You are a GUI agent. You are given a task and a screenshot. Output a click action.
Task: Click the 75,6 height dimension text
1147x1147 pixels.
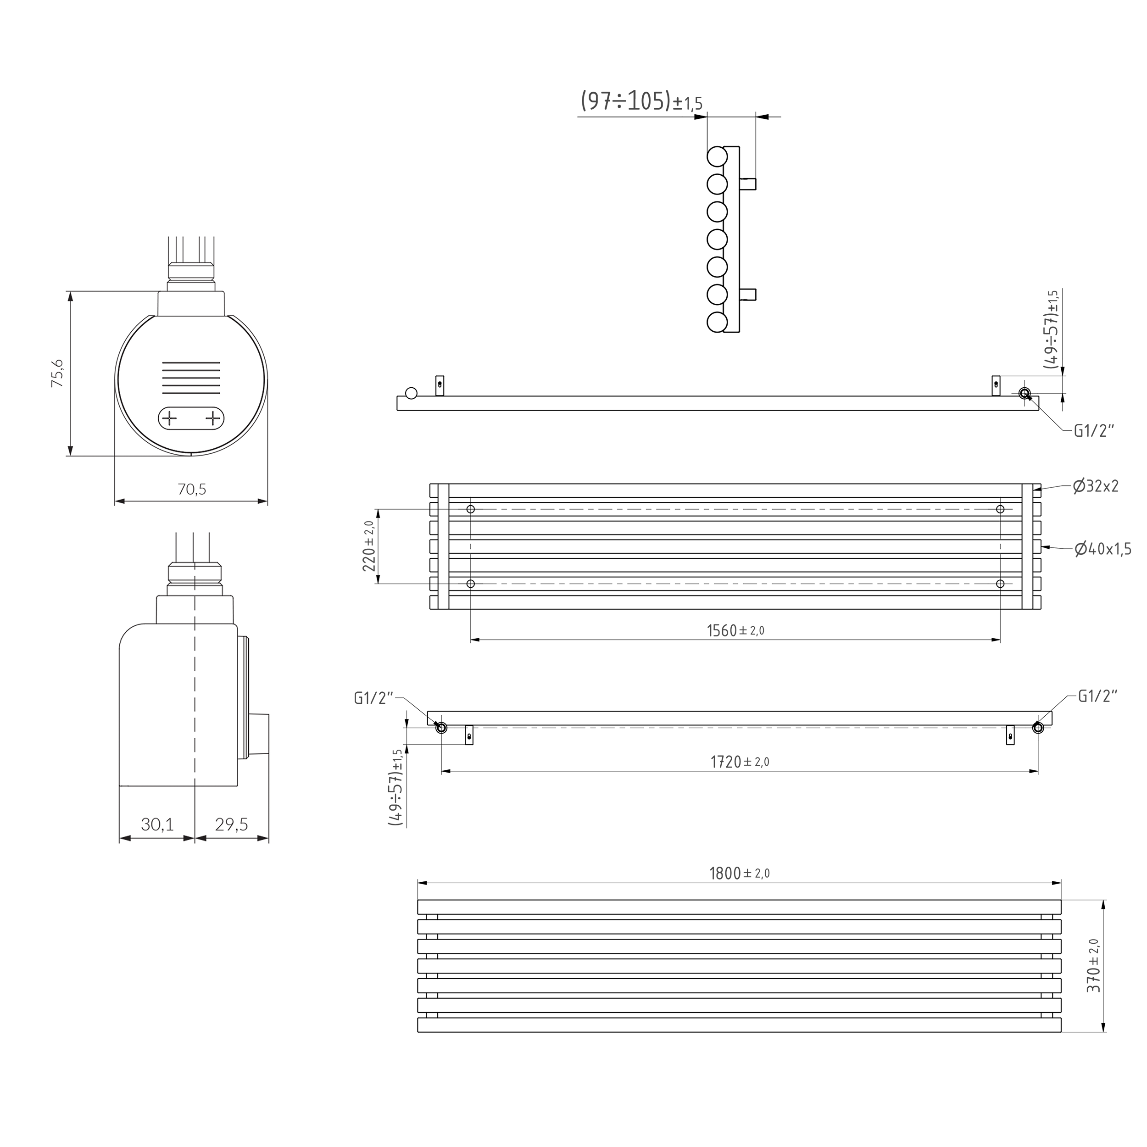(x=58, y=373)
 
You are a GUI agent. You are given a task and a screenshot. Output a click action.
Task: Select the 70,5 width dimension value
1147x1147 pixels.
(x=192, y=489)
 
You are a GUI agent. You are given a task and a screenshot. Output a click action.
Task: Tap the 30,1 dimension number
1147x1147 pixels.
(x=157, y=824)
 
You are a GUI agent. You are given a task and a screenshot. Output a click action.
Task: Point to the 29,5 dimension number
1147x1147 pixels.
(x=232, y=824)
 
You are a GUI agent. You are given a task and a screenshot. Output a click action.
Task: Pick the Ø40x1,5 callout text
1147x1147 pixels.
(x=1102, y=549)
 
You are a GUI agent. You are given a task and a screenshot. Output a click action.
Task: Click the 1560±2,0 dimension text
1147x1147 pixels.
(x=735, y=630)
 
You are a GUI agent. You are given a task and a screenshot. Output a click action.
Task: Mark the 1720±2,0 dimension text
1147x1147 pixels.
(x=740, y=762)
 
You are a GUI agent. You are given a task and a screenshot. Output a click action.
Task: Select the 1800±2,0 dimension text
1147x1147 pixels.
(x=740, y=873)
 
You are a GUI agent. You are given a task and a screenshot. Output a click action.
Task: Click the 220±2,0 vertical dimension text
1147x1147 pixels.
(x=369, y=546)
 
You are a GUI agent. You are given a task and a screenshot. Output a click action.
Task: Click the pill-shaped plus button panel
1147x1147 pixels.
(x=191, y=418)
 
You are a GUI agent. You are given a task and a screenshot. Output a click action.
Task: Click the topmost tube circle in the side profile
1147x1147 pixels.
(x=717, y=157)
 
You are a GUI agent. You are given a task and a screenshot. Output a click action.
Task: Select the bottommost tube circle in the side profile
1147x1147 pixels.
(x=717, y=323)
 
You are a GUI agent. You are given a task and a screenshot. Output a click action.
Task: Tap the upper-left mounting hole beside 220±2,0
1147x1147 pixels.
(x=471, y=509)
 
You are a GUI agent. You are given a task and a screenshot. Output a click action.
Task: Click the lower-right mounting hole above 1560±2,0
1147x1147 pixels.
(x=1000, y=584)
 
